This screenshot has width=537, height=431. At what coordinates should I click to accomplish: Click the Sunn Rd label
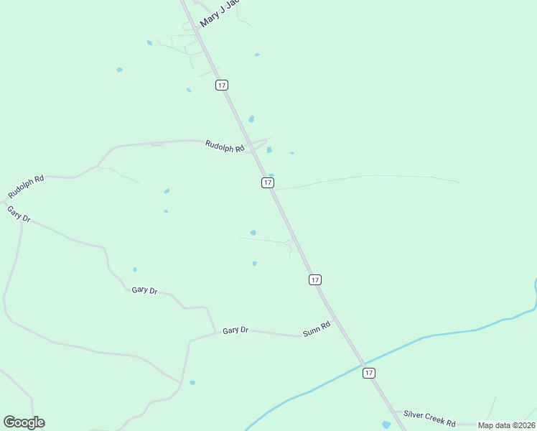click(317, 329)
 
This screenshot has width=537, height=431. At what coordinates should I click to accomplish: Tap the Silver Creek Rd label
click(429, 419)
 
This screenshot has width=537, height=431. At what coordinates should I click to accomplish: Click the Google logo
click(24, 422)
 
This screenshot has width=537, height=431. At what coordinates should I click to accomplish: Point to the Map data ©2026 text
click(507, 425)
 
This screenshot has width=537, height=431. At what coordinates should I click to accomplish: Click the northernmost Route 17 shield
click(221, 85)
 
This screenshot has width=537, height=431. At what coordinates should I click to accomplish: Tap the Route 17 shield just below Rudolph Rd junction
click(267, 182)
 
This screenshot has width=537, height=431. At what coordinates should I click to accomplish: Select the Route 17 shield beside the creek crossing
click(368, 372)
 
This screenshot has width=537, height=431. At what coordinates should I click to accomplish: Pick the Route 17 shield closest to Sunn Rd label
click(315, 279)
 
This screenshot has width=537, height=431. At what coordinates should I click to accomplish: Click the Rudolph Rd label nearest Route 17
click(225, 146)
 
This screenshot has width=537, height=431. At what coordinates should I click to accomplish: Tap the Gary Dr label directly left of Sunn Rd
click(235, 330)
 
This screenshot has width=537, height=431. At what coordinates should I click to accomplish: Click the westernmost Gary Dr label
click(19, 213)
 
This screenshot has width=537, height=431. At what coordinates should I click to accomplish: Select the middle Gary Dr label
click(144, 289)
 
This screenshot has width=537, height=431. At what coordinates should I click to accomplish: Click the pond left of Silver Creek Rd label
click(387, 425)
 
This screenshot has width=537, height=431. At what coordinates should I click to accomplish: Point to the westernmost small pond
click(119, 70)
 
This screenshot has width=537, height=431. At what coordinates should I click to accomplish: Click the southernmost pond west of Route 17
click(192, 383)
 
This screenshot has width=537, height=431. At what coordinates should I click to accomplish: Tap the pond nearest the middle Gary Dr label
click(135, 269)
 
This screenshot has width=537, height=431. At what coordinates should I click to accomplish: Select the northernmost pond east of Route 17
click(257, 55)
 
